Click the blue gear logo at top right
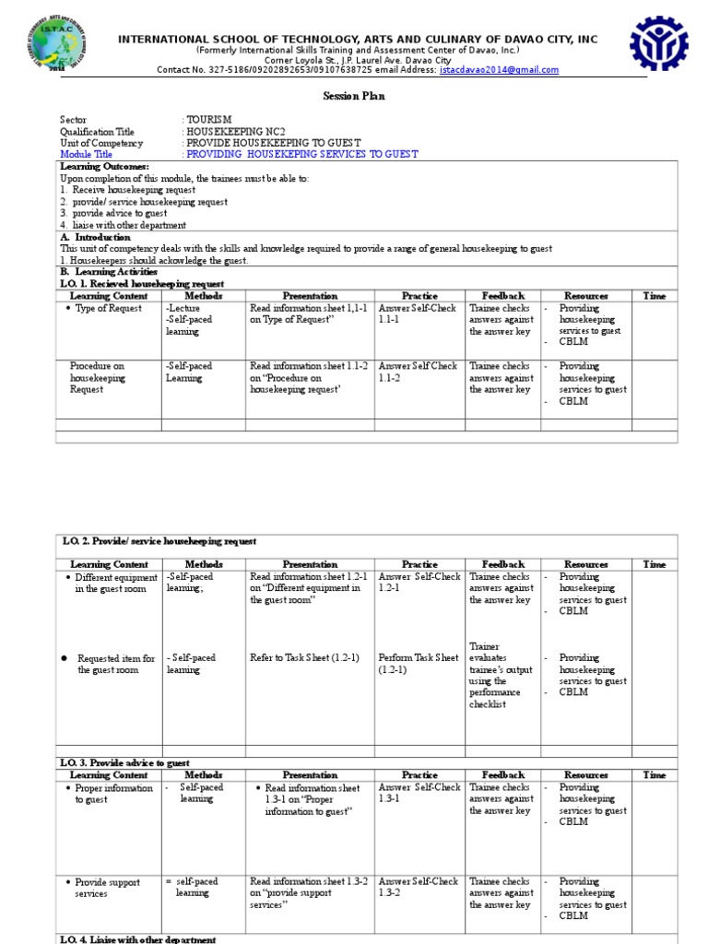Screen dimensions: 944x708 click(658, 43)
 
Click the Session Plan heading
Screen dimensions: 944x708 click(353, 97)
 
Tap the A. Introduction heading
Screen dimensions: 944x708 click(96, 237)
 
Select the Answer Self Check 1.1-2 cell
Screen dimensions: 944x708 click(418, 372)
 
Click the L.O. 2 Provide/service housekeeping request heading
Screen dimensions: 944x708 click(159, 541)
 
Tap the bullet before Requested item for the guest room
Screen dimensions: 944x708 click(64, 658)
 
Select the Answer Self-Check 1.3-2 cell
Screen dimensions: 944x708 click(418, 887)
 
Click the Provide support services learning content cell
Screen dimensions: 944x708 click(107, 887)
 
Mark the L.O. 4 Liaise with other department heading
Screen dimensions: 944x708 click(138, 938)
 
